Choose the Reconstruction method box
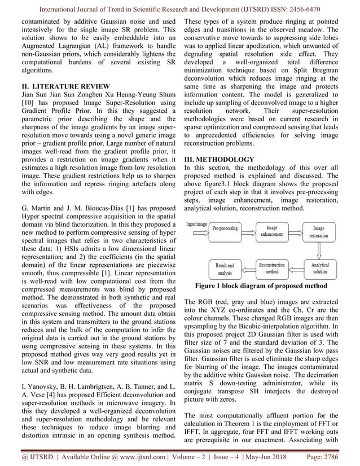[x=272, y=268]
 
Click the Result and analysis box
[x=225, y=269]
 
